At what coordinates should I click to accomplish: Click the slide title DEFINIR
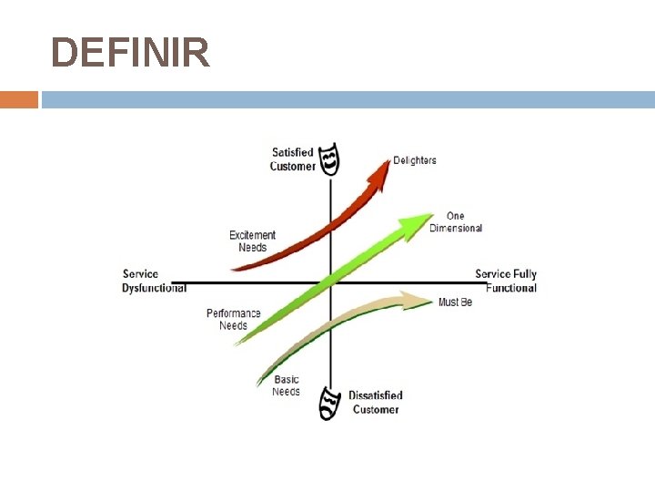pyautogui.click(x=130, y=53)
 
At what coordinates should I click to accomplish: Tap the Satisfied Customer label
pyautogui.click(x=293, y=159)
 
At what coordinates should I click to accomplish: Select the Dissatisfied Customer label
pyautogui.click(x=376, y=403)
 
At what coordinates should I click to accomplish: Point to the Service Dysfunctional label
pyautogui.click(x=154, y=281)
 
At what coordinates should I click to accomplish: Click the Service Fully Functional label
pyautogui.click(x=507, y=281)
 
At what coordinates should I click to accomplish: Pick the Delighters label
pyautogui.click(x=415, y=160)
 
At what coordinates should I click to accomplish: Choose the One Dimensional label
pyautogui.click(x=456, y=222)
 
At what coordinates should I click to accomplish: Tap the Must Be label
pyautogui.click(x=455, y=302)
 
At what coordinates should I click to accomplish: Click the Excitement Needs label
pyautogui.click(x=252, y=241)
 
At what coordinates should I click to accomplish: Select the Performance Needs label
pyautogui.click(x=233, y=319)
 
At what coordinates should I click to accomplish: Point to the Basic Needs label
pyautogui.click(x=286, y=385)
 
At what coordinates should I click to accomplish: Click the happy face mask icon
pyautogui.click(x=330, y=159)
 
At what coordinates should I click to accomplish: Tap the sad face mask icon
pyautogui.click(x=328, y=404)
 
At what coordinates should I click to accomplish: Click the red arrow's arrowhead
pyautogui.click(x=379, y=164)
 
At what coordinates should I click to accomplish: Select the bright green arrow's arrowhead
pyautogui.click(x=421, y=220)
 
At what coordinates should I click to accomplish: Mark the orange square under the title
pyautogui.click(x=19, y=99)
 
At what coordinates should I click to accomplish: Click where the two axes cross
pyautogui.click(x=331, y=282)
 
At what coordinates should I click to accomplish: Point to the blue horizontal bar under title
pyautogui.click(x=348, y=99)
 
